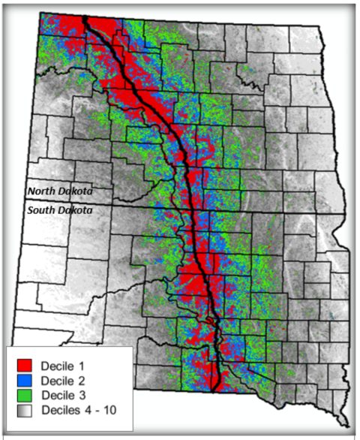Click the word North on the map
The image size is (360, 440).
[x=42, y=191]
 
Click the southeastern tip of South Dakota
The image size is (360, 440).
[x=348, y=426]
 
